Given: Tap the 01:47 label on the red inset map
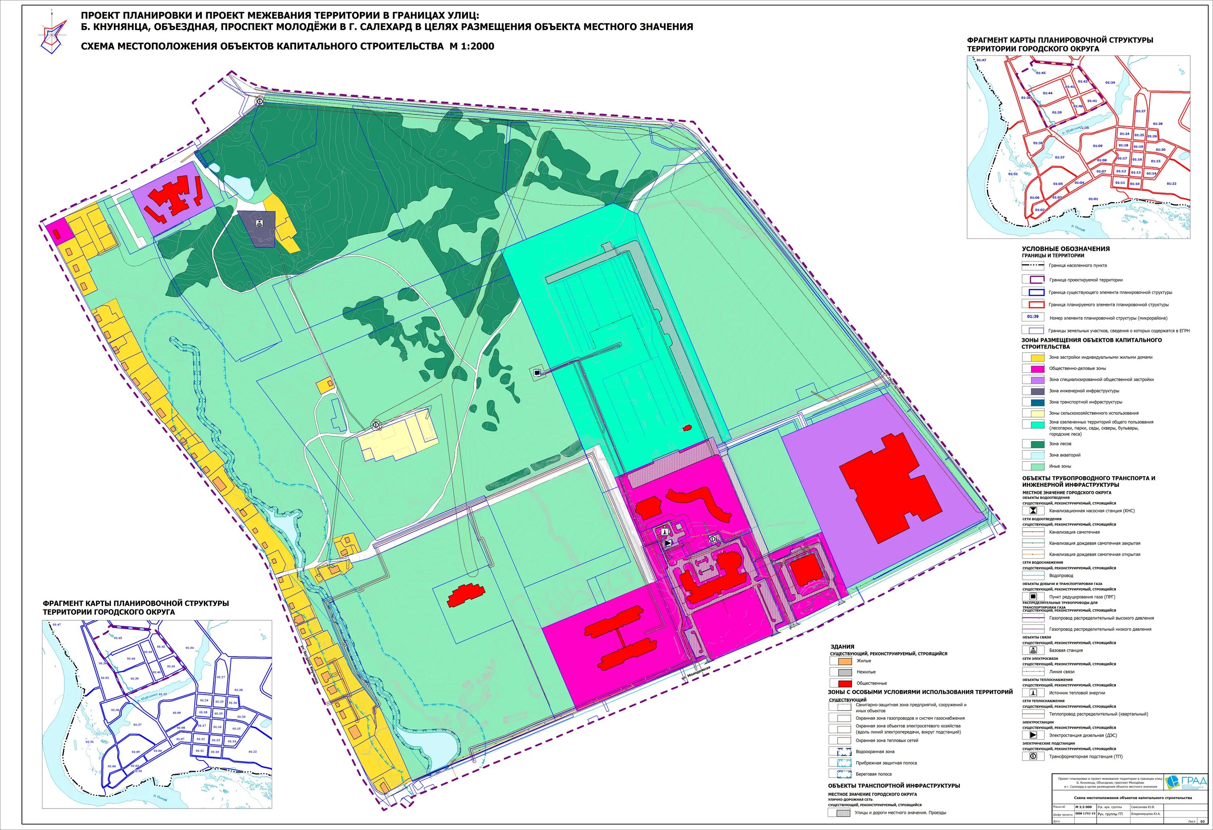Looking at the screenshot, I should point(981,60).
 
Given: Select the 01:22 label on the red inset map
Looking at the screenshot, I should point(1171,184).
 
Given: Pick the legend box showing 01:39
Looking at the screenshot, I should point(1032,317).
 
